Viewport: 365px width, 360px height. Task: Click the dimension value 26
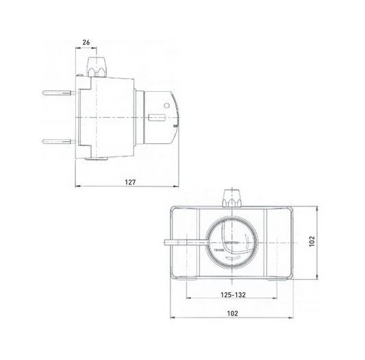pos(86,43)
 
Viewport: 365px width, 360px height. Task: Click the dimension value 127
pos(131,182)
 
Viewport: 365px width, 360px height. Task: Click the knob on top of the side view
pos(97,68)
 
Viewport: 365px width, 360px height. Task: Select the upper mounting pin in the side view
pos(57,92)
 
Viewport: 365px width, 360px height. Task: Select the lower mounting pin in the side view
pos(57,142)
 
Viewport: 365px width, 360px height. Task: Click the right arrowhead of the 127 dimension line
pos(177,187)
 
